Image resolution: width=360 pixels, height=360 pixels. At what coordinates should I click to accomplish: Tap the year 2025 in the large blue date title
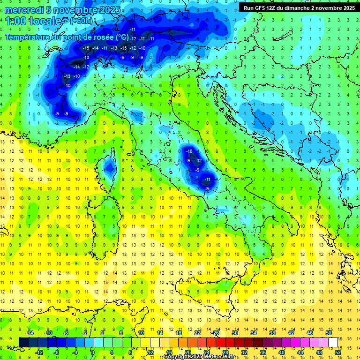pyautogui.click(x=107, y=10)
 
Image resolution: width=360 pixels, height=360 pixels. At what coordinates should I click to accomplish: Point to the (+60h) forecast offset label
pyautogui.click(x=82, y=21)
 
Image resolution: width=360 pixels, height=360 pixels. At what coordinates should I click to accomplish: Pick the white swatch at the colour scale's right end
pyautogui.click(x=333, y=342)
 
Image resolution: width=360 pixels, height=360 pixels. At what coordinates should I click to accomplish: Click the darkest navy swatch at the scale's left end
pyautogui.click(x=23, y=342)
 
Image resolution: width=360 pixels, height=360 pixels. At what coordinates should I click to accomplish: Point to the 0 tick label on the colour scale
pyautogui.click(x=93, y=352)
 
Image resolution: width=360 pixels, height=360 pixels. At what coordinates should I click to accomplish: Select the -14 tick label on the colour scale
pyautogui.click(x=30, y=333)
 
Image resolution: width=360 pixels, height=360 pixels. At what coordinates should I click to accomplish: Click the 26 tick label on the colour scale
pyautogui.click(x=216, y=333)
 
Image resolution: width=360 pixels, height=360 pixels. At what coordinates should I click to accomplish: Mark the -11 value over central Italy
pyautogui.click(x=207, y=179)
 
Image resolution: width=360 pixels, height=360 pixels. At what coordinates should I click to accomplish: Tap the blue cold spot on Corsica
pyautogui.click(x=109, y=166)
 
